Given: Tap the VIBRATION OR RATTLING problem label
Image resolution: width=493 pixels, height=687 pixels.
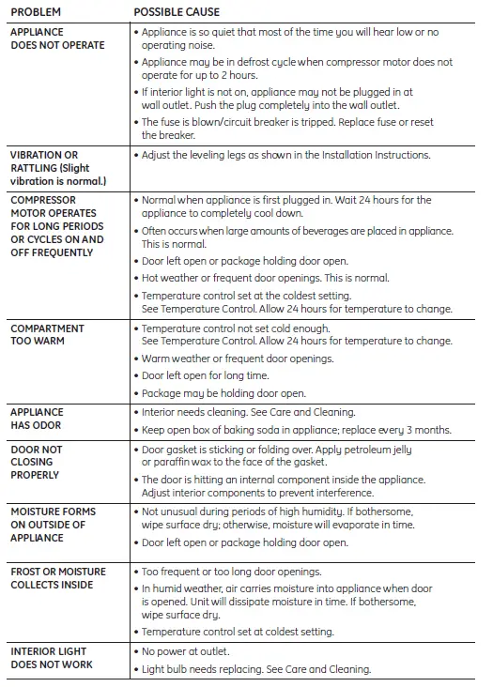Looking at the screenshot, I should (56, 167).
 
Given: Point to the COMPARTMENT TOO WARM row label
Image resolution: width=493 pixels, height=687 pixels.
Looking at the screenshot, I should (47, 335).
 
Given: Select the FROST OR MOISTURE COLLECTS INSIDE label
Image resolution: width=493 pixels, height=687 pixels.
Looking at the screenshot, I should (57, 578).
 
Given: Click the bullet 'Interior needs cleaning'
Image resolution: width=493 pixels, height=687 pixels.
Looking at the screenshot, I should (248, 412).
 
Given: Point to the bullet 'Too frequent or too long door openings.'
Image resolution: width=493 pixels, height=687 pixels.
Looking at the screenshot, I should (231, 572).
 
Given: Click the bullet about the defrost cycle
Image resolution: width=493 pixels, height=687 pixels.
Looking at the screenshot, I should (296, 62).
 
